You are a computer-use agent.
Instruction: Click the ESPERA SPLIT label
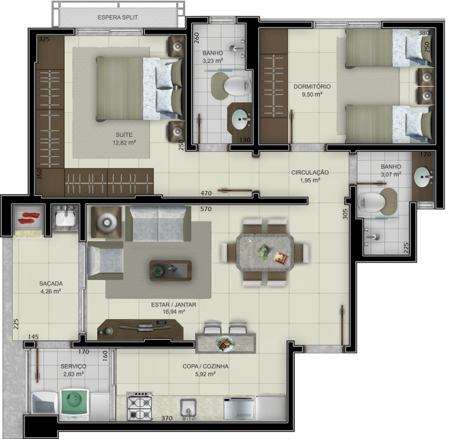118,17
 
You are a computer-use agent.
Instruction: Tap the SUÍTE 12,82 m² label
124,139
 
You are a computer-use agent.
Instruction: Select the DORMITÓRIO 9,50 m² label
312,90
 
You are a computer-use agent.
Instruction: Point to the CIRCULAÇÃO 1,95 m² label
310,176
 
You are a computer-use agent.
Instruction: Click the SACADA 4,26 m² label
51,287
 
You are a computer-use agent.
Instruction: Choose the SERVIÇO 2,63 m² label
73,370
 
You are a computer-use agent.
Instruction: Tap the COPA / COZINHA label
205,366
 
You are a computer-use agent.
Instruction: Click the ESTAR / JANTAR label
174,305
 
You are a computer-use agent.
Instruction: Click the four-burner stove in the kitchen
140,406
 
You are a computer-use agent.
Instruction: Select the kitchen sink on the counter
188,409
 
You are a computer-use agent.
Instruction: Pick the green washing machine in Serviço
75,403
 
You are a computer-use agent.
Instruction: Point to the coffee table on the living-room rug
171,271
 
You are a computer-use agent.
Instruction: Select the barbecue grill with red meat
28,218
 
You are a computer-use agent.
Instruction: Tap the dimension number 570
206,209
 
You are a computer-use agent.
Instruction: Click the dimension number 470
206,193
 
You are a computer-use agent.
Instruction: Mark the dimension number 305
345,214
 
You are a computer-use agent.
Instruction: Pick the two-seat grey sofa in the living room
158,224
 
